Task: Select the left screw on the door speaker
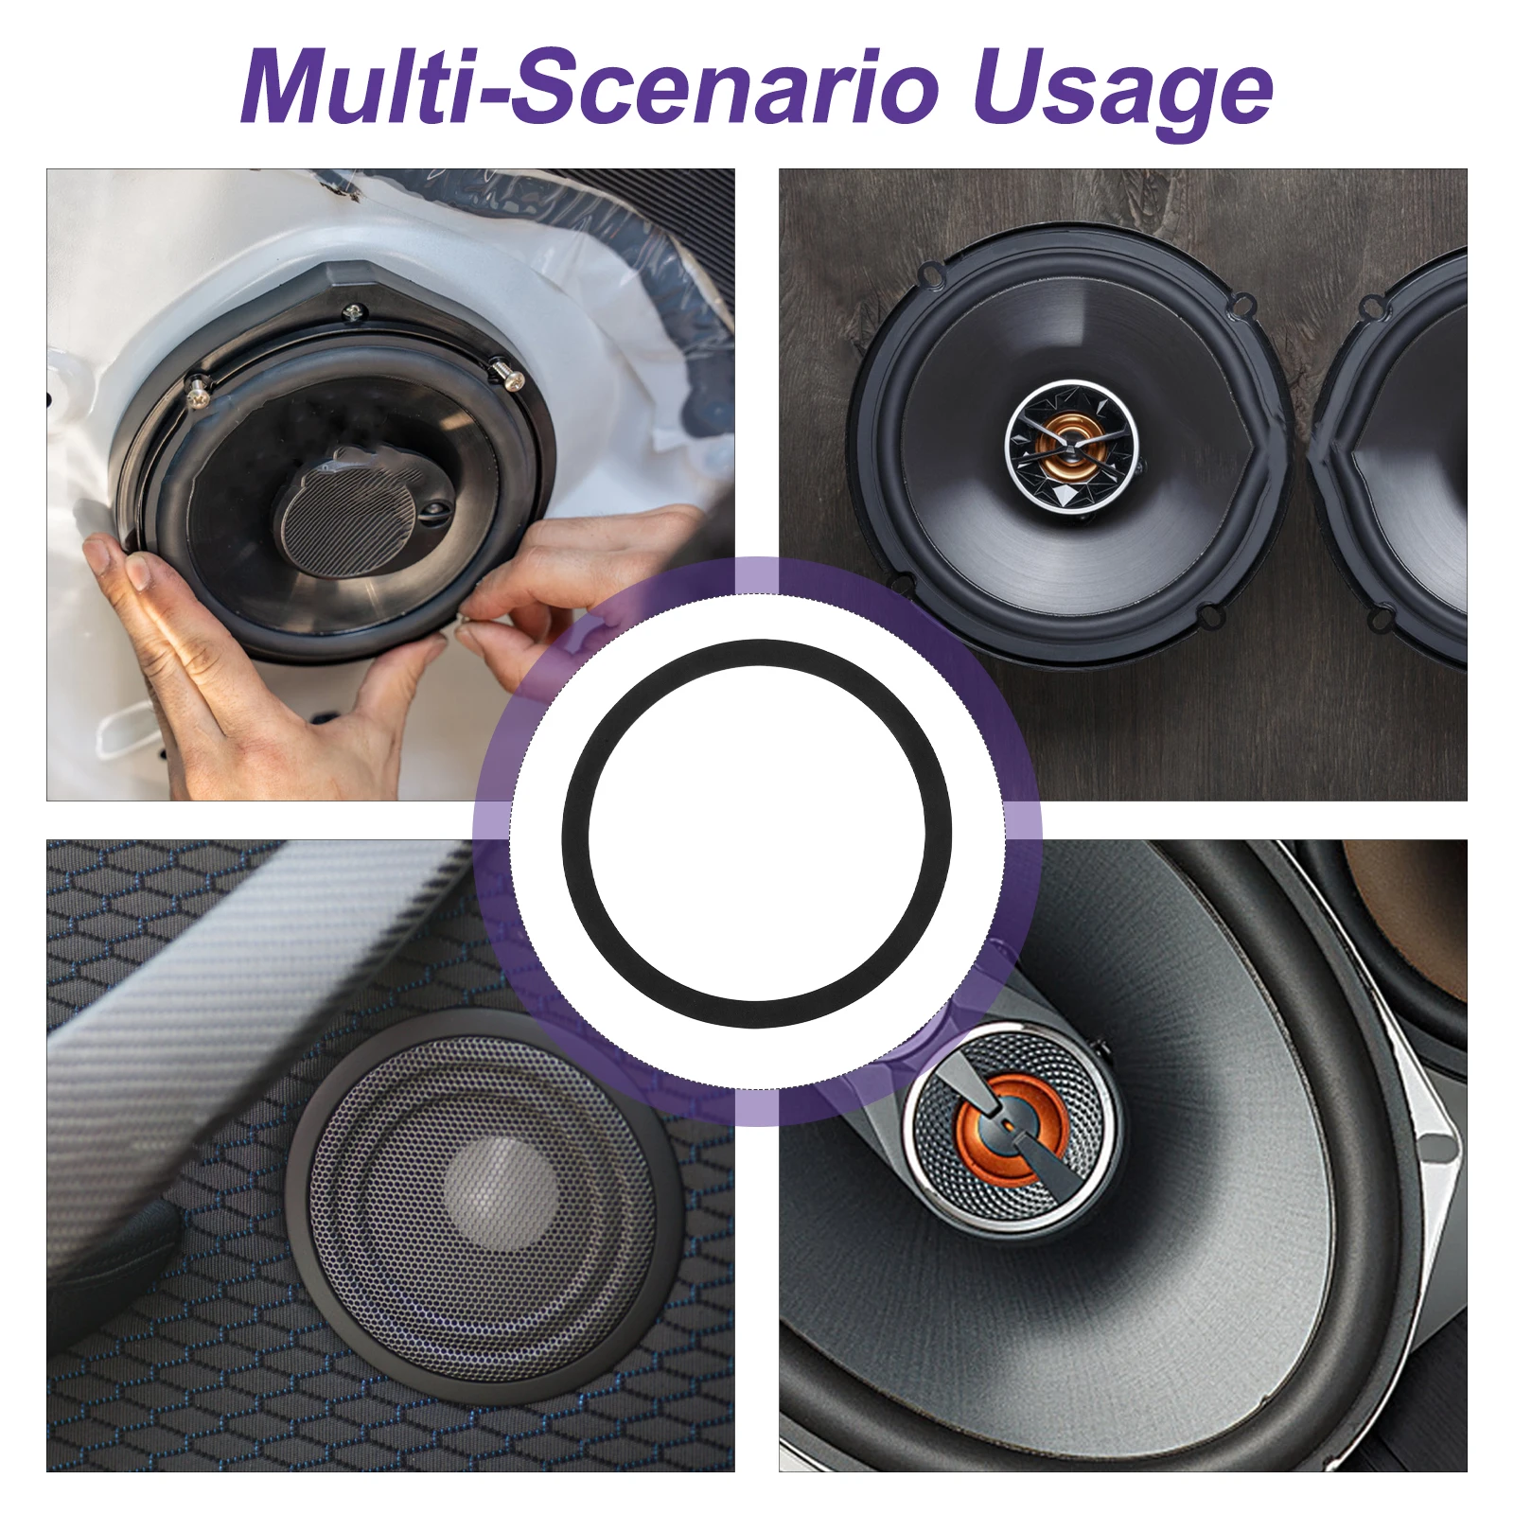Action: pyautogui.click(x=198, y=391)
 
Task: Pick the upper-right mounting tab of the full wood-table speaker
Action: pyautogui.click(x=1242, y=304)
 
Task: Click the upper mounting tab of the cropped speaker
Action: pyautogui.click(x=1370, y=306)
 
